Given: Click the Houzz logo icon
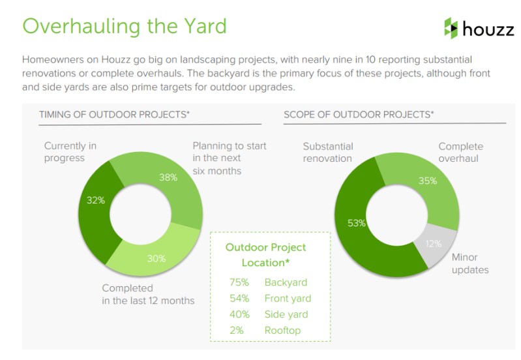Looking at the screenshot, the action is point(451,28).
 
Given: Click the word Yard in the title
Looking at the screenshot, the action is point(205,26).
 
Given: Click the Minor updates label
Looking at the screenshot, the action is point(470,263).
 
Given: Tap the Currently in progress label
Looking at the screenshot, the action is point(70,152).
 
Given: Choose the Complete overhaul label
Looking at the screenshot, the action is point(460,152).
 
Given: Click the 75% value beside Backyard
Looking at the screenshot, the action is point(239,282).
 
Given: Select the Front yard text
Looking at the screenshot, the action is point(288,299).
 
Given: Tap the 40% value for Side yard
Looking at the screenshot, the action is point(239,314).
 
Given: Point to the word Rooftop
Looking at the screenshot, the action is point(282,331).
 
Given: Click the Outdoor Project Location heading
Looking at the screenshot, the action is point(265,255).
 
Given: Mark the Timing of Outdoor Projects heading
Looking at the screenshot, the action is point(114,115).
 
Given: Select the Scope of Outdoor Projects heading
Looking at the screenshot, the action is point(359,115).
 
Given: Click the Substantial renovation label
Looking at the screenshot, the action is point(328,152).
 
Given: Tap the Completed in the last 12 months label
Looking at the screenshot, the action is point(148,294).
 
